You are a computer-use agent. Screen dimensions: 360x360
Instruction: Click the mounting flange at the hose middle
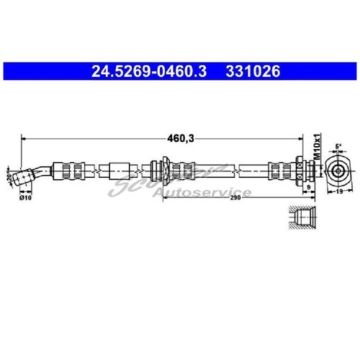point(164,170)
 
